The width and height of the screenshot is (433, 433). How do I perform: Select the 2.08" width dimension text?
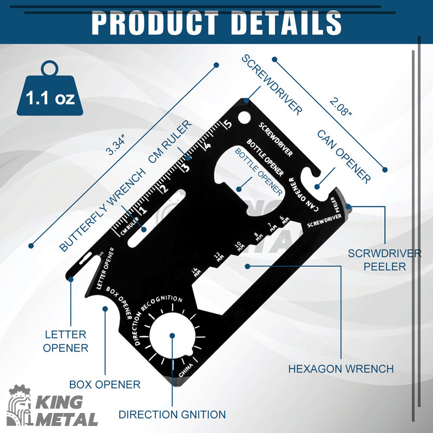coord(341,107)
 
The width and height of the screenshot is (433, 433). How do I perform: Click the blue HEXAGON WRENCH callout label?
coord(341,369)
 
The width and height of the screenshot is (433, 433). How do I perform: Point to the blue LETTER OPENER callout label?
coord(65,342)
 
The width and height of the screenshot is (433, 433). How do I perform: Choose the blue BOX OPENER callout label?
coord(104,384)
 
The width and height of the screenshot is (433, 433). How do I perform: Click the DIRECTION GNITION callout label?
coord(172,415)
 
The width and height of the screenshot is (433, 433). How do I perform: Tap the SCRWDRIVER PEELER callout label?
coord(384,260)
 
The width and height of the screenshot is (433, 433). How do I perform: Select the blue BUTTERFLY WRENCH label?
coord(102,210)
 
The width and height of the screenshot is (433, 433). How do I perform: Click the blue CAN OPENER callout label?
coord(344,156)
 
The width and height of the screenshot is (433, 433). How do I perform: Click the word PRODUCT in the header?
coord(155,23)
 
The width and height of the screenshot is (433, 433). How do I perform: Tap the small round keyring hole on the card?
coord(244,117)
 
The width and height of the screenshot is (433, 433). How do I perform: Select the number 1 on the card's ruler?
coord(143,209)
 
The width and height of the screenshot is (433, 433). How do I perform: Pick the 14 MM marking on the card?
coord(196,272)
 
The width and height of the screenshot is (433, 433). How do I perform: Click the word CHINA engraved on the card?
coord(186,371)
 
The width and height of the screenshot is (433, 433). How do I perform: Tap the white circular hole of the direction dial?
coord(172,336)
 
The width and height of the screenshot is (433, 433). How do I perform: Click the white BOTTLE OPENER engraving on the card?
coord(265,158)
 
